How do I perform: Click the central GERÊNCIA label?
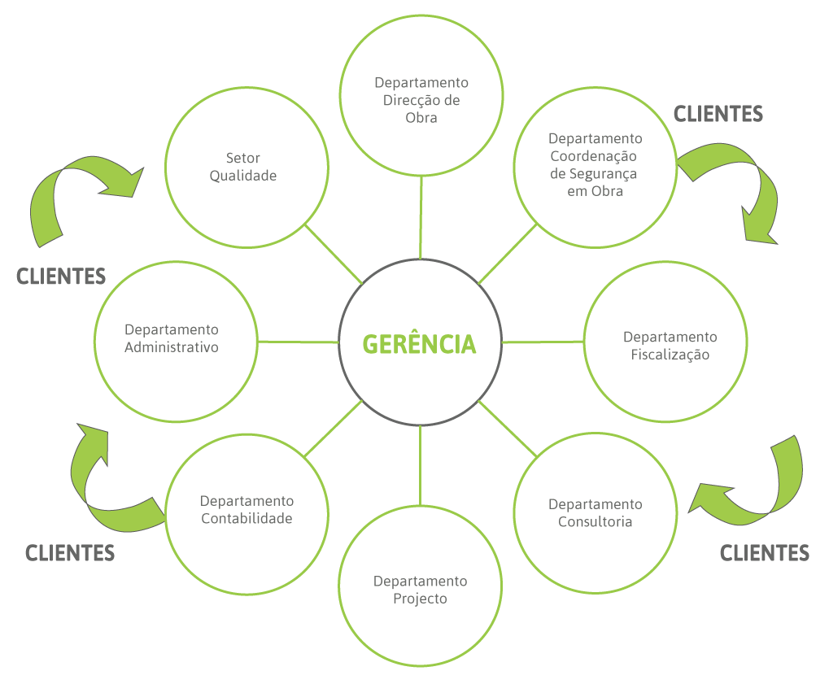click(420, 343)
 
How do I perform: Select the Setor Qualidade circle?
click(247, 167)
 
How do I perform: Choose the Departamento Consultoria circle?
click(595, 512)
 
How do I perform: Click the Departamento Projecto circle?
click(420, 589)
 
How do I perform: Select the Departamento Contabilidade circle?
click(247, 510)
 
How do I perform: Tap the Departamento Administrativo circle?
click(177, 339)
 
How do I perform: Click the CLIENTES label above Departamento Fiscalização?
click(718, 114)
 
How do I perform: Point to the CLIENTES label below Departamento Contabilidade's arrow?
click(70, 553)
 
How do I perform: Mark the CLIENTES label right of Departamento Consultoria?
click(765, 553)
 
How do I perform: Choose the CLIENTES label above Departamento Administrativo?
click(61, 277)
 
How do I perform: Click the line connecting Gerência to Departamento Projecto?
click(421, 464)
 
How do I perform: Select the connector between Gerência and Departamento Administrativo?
click(298, 342)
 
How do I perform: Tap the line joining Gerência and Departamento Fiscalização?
click(543, 342)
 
